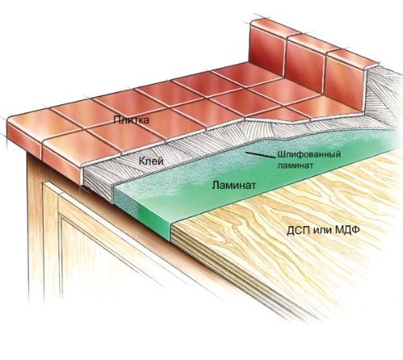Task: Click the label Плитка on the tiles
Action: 132,120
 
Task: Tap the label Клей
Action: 151,161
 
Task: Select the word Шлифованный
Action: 309,155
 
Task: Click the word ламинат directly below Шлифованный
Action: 295,166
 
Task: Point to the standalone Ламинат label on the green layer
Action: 234,186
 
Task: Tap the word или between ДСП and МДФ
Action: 322,230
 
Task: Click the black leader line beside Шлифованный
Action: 260,155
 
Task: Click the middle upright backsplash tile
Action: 307,63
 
